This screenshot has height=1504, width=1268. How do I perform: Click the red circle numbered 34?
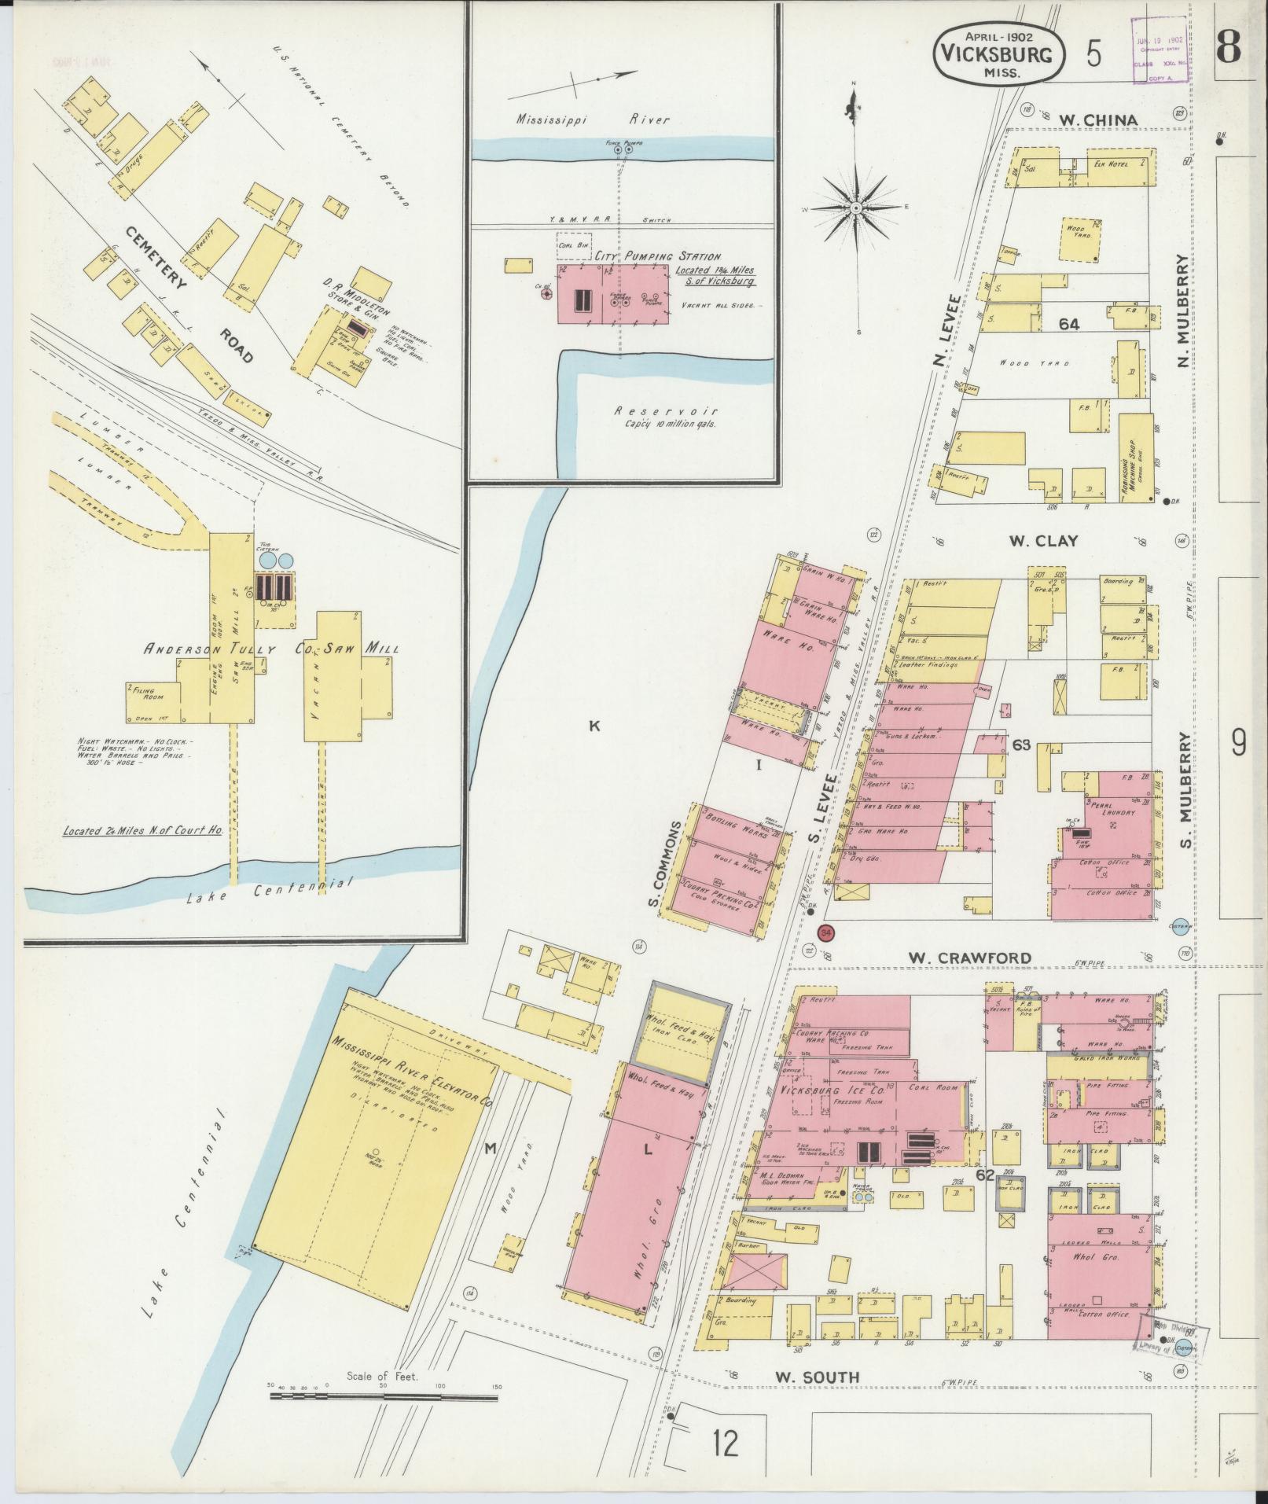point(825,932)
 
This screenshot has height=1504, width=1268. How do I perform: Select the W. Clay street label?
point(1043,541)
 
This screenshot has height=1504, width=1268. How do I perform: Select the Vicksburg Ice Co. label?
point(835,1092)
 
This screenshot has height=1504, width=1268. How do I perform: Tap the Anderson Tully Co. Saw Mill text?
point(270,649)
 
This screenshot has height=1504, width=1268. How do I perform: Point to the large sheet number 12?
point(725,1443)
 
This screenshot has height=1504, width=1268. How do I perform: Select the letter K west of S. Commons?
point(594,726)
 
